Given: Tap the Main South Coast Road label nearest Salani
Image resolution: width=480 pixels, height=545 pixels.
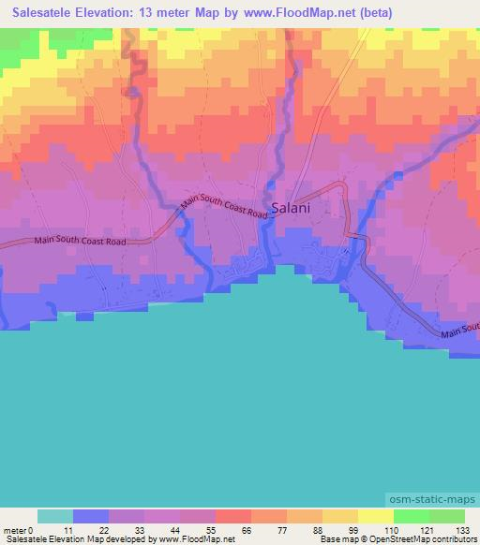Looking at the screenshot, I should pyautogui.click(x=224, y=207).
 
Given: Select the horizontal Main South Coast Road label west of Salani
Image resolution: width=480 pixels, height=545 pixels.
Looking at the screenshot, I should pyautogui.click(x=80, y=241).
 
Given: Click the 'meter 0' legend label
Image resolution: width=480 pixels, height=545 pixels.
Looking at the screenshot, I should pyautogui.click(x=18, y=530).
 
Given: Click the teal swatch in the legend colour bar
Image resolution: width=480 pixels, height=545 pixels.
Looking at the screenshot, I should pyautogui.click(x=55, y=516).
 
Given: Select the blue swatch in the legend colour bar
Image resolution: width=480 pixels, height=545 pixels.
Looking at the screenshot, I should pyautogui.click(x=91, y=516).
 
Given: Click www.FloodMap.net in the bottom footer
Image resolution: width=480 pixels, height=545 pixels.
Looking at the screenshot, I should pyautogui.click(x=194, y=539).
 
